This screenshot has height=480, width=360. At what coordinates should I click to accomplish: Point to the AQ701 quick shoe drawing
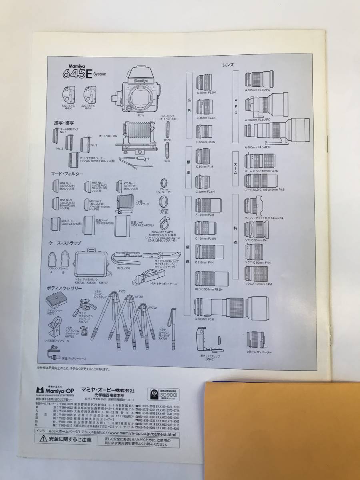point(56,300)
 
